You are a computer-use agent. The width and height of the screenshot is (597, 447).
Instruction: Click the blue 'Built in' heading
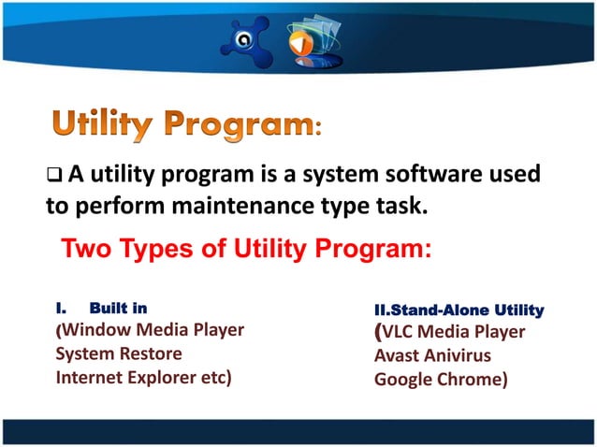[x=118, y=307]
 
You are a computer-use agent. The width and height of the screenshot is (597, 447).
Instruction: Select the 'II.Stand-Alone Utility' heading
[x=459, y=310]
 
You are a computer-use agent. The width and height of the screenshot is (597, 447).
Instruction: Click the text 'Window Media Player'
[x=153, y=329]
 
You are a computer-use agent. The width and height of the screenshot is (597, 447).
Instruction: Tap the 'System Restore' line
[x=119, y=353]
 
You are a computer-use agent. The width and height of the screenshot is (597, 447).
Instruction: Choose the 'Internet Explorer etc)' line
[x=144, y=378]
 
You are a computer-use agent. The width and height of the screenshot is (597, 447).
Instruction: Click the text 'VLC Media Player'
[x=454, y=332]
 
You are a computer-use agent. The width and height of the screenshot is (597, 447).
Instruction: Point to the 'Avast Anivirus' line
[x=432, y=356]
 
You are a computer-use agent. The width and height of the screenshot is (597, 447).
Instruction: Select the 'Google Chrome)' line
[x=441, y=381]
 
